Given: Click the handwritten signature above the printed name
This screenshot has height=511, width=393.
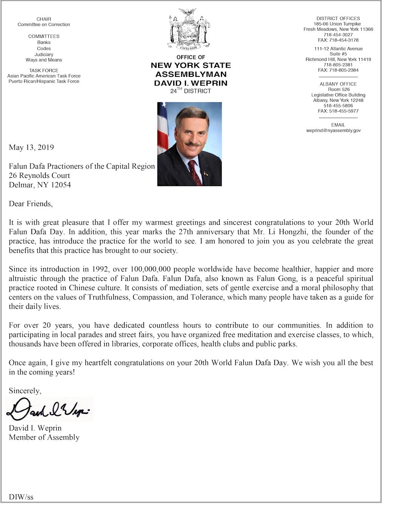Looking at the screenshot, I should [49, 410].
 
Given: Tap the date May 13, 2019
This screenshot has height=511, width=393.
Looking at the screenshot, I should [31, 148].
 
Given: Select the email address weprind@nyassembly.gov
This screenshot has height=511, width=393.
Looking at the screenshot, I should [333, 130].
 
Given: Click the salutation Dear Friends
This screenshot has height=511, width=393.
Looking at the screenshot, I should [31, 204].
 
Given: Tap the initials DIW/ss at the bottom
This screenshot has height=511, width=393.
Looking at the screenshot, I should [21, 497].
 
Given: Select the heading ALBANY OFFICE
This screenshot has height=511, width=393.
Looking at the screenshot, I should [338, 84].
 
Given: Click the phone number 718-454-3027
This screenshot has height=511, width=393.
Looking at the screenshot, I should [338, 35].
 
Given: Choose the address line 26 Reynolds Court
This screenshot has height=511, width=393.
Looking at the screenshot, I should [39, 176].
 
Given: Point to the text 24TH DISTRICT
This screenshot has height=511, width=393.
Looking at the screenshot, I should [191, 91].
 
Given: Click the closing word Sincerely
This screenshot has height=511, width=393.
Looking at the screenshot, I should [25, 391].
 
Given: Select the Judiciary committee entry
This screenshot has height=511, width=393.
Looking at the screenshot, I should [44, 55].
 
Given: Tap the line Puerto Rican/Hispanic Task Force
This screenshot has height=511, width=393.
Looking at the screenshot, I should [44, 81].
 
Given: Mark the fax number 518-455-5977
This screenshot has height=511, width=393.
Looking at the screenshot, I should [343, 111].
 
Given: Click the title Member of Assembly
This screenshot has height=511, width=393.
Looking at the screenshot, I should [44, 438].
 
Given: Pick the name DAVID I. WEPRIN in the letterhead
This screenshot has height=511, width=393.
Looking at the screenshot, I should [191, 83].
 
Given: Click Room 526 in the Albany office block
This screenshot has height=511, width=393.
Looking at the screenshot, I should [339, 90].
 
